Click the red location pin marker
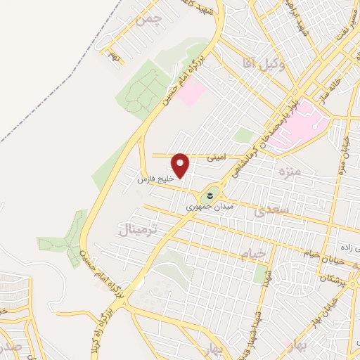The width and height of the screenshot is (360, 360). pyautogui.click(x=181, y=165)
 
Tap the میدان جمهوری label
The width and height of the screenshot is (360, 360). pyautogui.click(x=204, y=208)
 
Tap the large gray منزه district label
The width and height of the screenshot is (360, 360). pyautogui.click(x=289, y=173)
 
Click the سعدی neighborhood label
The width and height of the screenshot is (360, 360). pyautogui.click(x=271, y=211)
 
